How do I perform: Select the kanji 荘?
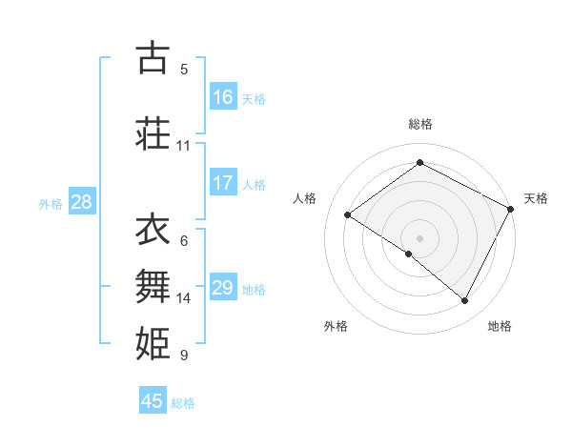point(153,133)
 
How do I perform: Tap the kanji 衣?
point(153,229)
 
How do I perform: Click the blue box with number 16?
point(223,97)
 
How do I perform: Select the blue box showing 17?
point(223,183)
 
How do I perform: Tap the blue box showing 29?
point(223,288)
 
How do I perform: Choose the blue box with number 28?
point(81,202)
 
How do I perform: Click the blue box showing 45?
point(153,401)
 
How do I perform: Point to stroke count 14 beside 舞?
point(184,298)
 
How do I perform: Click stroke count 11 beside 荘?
point(184,146)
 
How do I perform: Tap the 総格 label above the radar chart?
point(420,124)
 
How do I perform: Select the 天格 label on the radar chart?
point(536,198)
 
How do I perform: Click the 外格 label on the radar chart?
point(336,326)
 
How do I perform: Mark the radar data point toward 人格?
point(347,215)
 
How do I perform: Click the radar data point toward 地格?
point(465,300)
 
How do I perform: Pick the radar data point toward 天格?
point(512,209)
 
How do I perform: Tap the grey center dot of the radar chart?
point(420,237)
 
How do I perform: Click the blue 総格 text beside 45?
point(183,403)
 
